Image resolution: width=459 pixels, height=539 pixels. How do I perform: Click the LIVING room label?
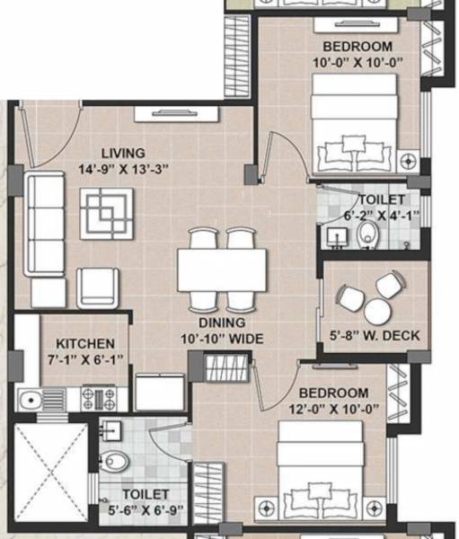(x=122, y=153)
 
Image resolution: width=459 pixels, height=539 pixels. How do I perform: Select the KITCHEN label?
(x=85, y=343)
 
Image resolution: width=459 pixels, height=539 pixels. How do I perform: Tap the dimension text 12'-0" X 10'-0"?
(x=333, y=409)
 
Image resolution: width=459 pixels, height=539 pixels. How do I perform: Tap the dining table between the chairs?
(x=222, y=268)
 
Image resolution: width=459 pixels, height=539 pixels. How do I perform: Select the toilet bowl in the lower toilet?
(x=116, y=462)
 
